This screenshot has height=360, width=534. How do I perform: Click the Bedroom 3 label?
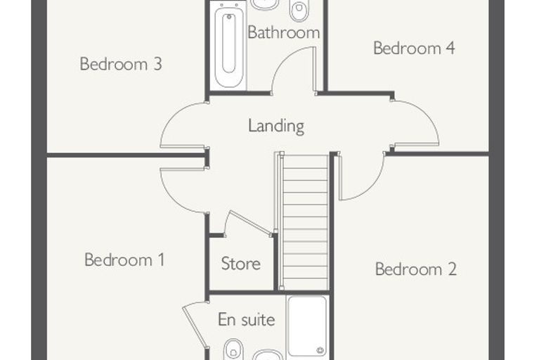click(121, 64)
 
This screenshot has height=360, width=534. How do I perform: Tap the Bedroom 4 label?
click(414, 48)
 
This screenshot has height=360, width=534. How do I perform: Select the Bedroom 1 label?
click(124, 259)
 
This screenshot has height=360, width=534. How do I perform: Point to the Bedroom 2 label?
click(415, 269)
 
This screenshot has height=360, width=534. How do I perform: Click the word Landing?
click(276, 126)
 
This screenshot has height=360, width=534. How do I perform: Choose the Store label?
click(241, 264)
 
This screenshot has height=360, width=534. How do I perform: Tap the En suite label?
click(246, 320)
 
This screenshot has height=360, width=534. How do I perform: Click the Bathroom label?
click(284, 32)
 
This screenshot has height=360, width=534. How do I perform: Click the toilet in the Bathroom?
click(299, 8)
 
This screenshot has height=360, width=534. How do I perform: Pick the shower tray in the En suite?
click(307, 326)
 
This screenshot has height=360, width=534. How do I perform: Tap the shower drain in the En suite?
click(320, 350)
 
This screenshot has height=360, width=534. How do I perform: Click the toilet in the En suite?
click(233, 350)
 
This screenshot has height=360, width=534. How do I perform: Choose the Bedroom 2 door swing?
click(371, 188)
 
